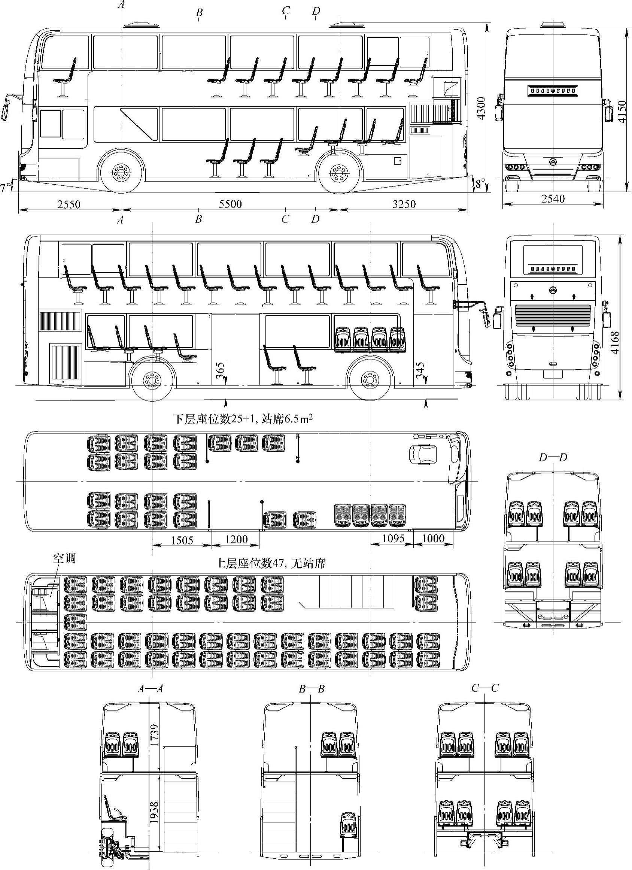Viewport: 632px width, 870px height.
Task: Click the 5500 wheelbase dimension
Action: coord(231,203)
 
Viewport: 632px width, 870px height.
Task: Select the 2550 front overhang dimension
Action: coord(69,204)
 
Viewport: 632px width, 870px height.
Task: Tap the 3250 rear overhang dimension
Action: coord(404,204)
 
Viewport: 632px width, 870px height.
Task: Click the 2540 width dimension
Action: coord(553,199)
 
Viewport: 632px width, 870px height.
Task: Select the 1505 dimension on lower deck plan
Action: coord(182,540)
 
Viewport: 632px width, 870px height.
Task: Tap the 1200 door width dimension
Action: coord(236,539)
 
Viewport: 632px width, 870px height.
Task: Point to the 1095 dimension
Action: coord(394,538)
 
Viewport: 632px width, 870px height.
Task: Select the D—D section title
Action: coord(553,457)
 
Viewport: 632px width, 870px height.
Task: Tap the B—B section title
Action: coord(312,689)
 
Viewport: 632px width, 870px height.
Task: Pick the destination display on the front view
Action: coord(553,91)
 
